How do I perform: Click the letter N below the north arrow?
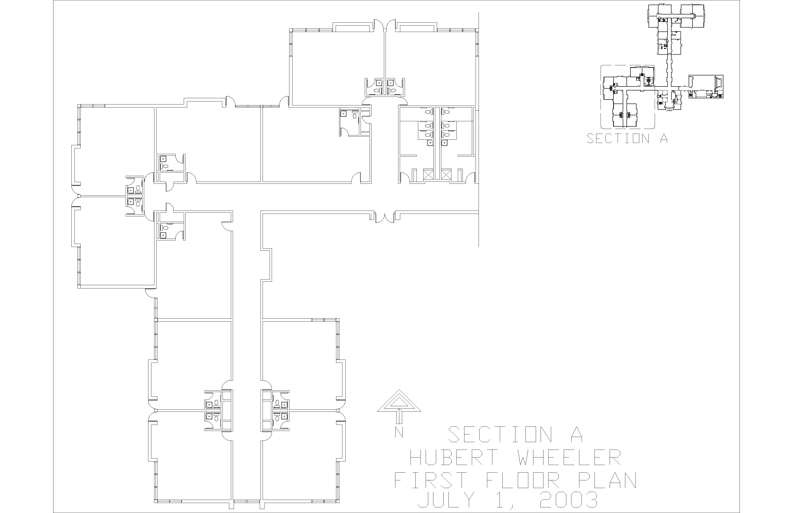point(399,432)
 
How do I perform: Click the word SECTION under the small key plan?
point(618,138)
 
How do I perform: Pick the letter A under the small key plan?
point(664,138)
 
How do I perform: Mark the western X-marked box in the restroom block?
point(428,174)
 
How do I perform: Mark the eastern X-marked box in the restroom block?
point(445,174)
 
